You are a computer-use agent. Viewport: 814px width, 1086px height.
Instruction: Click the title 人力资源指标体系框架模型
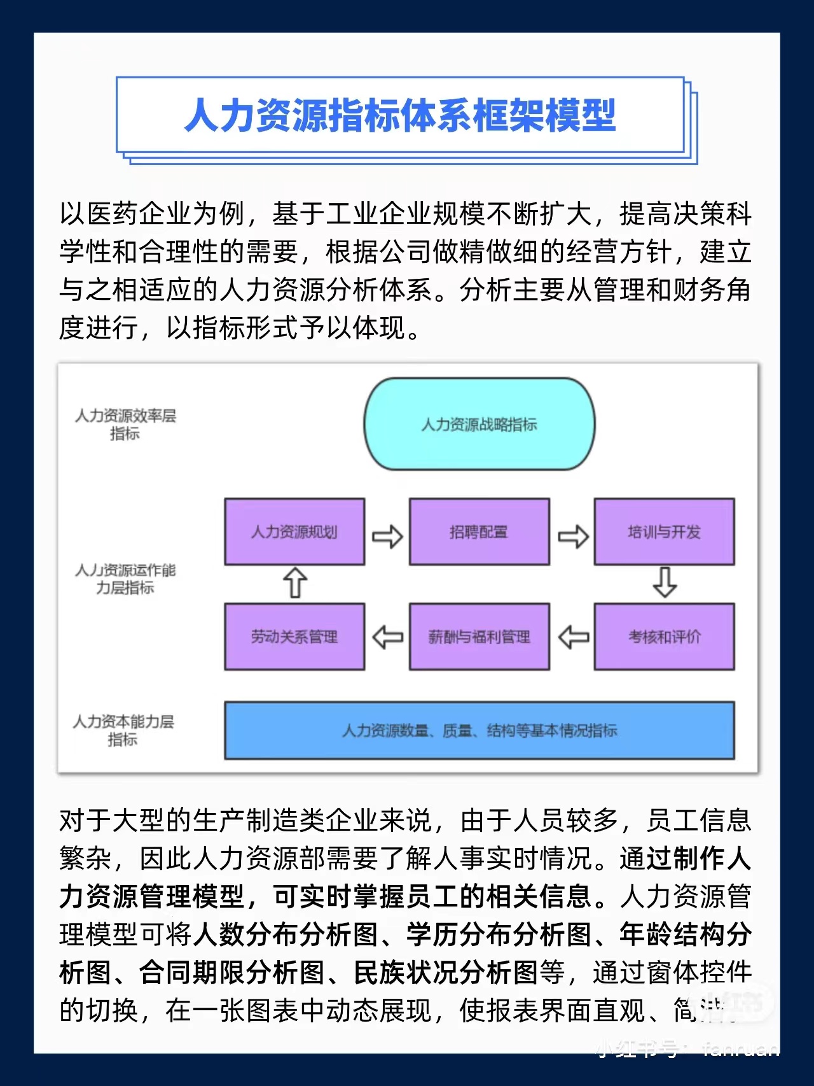[400, 115]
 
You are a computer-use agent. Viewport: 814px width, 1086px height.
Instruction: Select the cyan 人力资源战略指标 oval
[479, 425]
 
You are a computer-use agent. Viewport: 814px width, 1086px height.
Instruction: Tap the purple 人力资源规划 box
[294, 532]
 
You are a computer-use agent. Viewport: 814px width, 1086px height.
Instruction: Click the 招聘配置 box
[479, 532]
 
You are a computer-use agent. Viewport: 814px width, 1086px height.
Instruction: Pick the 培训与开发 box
[664, 532]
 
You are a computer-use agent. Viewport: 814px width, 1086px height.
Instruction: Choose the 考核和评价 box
[664, 637]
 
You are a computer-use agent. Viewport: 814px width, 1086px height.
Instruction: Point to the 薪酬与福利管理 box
[479, 637]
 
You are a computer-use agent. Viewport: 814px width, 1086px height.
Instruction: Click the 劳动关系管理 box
[294, 637]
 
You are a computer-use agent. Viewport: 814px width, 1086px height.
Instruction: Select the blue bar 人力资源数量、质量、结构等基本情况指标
[479, 731]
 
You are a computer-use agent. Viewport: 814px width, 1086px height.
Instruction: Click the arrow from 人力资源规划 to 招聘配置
[387, 536]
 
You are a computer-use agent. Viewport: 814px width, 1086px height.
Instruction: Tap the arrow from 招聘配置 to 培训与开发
[573, 536]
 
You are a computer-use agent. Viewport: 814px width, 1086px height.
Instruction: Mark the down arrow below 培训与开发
[665, 582]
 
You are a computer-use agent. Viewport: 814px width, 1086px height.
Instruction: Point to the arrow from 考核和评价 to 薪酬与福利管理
[573, 637]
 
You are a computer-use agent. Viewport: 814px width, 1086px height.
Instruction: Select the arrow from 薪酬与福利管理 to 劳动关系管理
[387, 637]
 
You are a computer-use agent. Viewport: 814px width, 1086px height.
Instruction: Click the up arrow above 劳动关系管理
[295, 582]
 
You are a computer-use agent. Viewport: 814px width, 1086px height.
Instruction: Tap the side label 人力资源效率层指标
[125, 425]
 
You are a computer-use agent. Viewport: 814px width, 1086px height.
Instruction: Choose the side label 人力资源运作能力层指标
[125, 579]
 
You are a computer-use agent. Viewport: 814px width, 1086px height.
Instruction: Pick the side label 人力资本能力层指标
[123, 730]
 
